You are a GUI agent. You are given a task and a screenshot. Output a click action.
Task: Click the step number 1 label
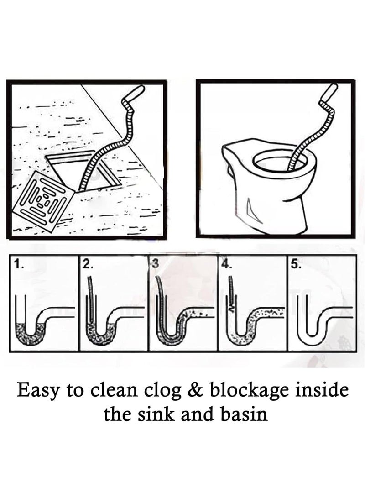point(17,264)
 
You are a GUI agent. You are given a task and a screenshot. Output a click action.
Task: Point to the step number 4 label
point(226,264)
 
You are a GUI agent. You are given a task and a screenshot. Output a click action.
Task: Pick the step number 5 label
point(295,264)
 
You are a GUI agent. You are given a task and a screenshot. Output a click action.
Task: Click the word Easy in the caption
point(38,390)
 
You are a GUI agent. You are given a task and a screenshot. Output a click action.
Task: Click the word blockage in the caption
point(248,390)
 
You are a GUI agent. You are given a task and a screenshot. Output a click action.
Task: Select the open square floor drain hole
point(83,172)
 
